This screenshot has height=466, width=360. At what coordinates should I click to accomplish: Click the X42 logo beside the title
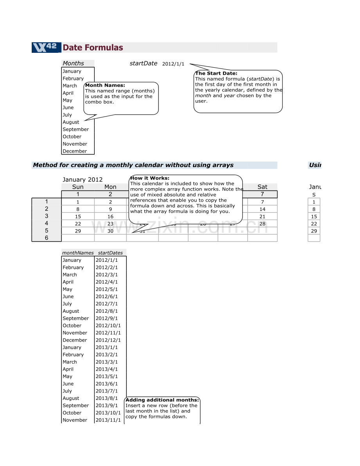[46, 47]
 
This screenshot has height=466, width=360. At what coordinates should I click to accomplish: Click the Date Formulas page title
[93, 48]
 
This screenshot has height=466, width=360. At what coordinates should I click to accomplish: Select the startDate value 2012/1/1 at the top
[173, 64]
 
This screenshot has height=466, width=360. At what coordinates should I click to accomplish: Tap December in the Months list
[75, 151]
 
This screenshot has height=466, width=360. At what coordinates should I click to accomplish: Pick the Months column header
[73, 63]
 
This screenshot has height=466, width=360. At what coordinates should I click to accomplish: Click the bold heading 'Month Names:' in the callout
[105, 85]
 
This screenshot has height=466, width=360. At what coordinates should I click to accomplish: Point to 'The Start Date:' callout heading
[216, 73]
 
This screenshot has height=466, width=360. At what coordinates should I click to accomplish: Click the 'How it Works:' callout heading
[149, 178]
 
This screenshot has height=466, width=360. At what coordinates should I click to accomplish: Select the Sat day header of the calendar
[262, 187]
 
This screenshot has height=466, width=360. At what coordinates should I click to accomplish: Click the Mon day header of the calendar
[110, 187]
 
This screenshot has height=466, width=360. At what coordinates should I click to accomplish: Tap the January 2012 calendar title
[83, 180]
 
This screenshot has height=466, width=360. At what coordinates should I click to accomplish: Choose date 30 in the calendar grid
[110, 231]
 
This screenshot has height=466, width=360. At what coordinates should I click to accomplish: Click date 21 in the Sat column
[262, 216]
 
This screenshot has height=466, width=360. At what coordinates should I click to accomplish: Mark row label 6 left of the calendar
[47, 238]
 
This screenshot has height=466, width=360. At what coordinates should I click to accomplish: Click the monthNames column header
[78, 253]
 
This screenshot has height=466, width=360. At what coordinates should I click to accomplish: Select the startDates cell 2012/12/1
[108, 340]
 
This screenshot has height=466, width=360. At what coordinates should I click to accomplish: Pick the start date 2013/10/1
[108, 413]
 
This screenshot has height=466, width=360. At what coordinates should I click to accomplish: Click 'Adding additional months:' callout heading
[162, 400]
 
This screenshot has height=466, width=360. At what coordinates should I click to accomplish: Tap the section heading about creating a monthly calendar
[133, 165]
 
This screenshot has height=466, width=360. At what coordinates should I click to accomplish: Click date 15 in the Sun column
[78, 216]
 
